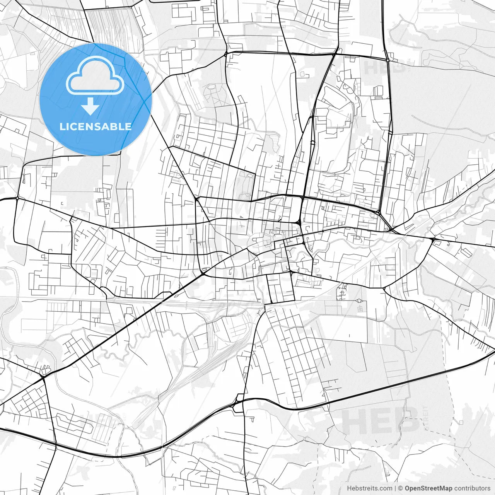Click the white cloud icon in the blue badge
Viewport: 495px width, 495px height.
point(95,75)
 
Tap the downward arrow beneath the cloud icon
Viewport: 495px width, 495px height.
point(90,106)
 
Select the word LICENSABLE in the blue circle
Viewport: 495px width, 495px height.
point(96,126)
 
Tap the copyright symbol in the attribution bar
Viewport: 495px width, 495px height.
point(401,488)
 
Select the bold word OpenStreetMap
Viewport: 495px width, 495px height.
point(428,488)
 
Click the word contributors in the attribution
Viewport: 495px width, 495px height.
point(472,488)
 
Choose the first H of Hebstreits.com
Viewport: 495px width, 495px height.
point(349,488)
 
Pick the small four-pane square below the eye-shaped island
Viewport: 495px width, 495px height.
point(360,309)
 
